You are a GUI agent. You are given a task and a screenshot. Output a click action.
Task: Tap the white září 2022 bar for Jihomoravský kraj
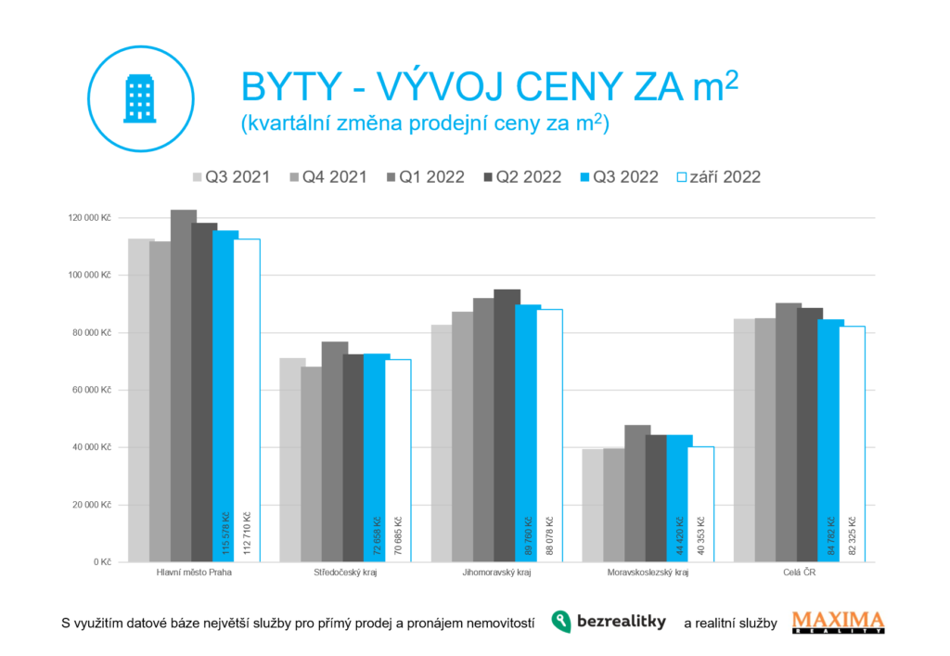pyautogui.click(x=549, y=435)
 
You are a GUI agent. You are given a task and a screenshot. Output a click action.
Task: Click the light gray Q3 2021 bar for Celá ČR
pyautogui.click(x=743, y=440)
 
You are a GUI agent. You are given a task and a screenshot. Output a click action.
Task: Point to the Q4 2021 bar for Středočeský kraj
pyautogui.click(x=311, y=464)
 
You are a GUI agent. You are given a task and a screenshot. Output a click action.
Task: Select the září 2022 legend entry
pyautogui.click(x=719, y=177)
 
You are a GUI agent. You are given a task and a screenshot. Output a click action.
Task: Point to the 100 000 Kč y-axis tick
pyautogui.click(x=89, y=276)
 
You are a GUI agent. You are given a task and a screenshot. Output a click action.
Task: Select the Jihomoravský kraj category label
pyautogui.click(x=496, y=574)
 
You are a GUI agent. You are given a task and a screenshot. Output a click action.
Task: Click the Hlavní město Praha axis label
pyautogui.click(x=194, y=574)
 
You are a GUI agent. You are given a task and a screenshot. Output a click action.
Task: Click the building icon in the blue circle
pyautogui.click(x=140, y=98)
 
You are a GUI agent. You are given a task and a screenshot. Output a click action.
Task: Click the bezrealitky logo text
pyautogui.click(x=621, y=623)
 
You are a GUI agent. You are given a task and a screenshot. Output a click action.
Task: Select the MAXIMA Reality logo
pyautogui.click(x=838, y=622)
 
